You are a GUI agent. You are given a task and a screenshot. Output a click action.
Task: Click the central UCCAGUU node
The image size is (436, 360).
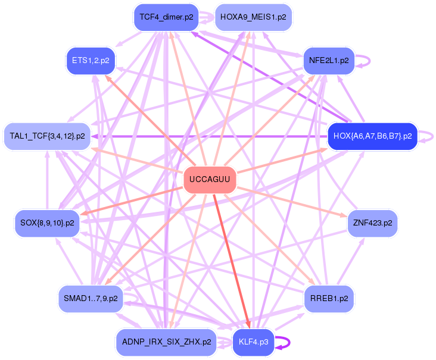(x=209, y=180)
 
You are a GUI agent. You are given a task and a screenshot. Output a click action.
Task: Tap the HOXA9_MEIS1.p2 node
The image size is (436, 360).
(x=253, y=17)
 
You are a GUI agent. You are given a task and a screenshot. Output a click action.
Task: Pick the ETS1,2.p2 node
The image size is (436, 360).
(x=91, y=60)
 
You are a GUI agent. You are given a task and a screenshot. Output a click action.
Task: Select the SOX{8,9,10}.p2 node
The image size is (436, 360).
(x=47, y=223)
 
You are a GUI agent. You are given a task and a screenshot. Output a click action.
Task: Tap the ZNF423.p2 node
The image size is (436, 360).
(x=372, y=223)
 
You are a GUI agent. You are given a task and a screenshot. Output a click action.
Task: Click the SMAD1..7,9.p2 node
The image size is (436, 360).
(x=91, y=298)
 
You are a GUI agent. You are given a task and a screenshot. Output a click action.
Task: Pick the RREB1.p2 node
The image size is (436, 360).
(x=329, y=298)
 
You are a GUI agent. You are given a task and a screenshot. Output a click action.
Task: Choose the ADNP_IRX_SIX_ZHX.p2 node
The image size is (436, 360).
(x=166, y=342)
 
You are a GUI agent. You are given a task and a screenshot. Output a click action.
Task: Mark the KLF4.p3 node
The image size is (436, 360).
(x=253, y=342)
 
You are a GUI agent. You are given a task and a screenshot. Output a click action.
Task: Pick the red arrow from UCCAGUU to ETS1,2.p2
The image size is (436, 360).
(x=149, y=119)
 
